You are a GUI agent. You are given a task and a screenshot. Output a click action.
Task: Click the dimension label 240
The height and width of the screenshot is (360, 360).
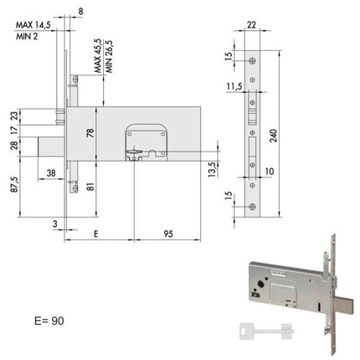(x=274, y=136)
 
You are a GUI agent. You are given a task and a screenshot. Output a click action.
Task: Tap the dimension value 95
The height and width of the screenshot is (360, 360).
(x=168, y=234)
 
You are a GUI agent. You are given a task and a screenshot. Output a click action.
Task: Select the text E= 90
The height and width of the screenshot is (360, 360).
(x=49, y=321)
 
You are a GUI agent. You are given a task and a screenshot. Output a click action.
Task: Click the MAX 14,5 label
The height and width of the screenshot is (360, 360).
(x=33, y=25)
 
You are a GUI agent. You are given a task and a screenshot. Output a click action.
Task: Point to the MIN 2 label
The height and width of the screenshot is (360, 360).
(x=27, y=36)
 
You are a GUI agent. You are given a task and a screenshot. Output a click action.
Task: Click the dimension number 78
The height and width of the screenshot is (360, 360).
(x=90, y=133)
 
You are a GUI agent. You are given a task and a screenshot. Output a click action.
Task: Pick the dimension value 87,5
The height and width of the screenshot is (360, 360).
(x=14, y=184)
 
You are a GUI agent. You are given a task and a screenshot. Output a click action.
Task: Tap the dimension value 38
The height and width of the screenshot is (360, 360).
(x=51, y=173)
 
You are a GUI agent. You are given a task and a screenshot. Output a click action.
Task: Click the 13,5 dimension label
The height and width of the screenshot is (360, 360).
(x=213, y=169)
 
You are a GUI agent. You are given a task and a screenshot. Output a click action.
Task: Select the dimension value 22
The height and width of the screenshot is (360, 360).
(x=251, y=25)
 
